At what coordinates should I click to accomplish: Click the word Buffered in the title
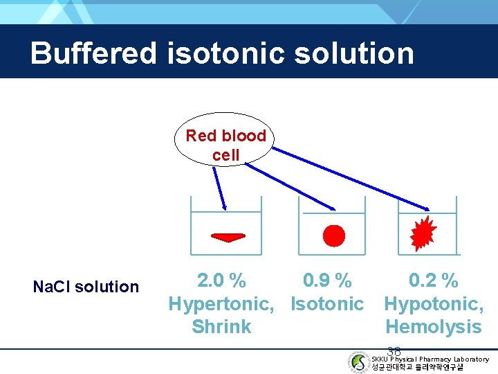click(x=93, y=53)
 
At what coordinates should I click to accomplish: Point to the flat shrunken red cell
click(x=228, y=238)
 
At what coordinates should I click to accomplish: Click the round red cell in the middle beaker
click(x=333, y=236)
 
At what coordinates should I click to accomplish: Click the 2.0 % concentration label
click(x=221, y=280)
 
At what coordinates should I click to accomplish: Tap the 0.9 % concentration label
click(x=327, y=280)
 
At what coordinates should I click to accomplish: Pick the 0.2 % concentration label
click(x=433, y=280)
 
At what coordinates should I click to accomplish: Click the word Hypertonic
click(x=221, y=303)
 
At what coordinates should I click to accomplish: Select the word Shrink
click(x=221, y=327)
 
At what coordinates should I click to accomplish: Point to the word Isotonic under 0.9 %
click(x=327, y=303)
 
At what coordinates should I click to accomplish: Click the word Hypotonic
click(x=433, y=303)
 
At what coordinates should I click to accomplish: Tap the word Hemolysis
click(x=433, y=327)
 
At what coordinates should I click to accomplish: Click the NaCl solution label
click(x=86, y=287)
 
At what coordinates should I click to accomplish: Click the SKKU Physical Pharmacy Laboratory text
click(x=430, y=359)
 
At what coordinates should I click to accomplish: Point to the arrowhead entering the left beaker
click(x=224, y=206)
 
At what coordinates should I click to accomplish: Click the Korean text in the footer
click(x=418, y=367)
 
